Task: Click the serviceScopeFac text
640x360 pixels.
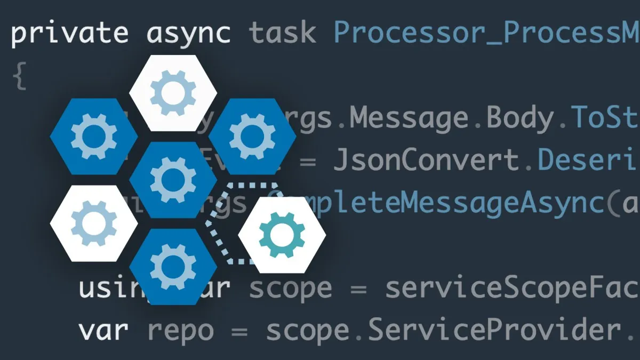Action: [x=512, y=289]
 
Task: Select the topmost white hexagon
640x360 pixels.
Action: [x=173, y=93]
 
